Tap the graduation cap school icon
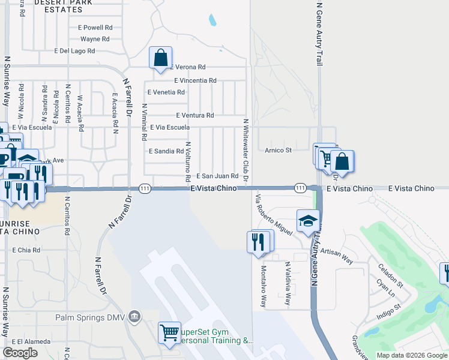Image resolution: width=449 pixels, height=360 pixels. tap(307, 221)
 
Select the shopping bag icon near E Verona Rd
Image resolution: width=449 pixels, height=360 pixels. tap(161, 58)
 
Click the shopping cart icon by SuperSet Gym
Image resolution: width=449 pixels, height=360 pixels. tap(170, 332)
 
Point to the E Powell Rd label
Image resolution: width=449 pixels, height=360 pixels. tap(95, 28)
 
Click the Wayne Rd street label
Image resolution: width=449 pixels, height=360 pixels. tap(95, 39)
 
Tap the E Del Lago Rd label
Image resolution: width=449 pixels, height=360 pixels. tap(74, 51)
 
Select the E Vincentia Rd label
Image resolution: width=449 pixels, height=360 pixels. tap(195, 80)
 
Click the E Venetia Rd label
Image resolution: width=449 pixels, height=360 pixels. tap(166, 92)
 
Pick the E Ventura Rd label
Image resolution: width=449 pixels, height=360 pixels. tap(195, 115)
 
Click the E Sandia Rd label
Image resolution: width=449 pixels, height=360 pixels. tap(166, 151)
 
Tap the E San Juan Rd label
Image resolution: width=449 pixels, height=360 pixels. tap(218, 176)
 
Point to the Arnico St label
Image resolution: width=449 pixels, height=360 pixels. tap(278, 150)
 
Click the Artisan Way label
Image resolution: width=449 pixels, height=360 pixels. tap(337, 254)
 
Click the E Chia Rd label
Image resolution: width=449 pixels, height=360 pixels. tap(26, 250)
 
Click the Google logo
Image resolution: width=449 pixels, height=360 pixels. tap(20, 352)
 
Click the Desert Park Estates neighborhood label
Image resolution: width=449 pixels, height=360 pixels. tap(58, 6)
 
